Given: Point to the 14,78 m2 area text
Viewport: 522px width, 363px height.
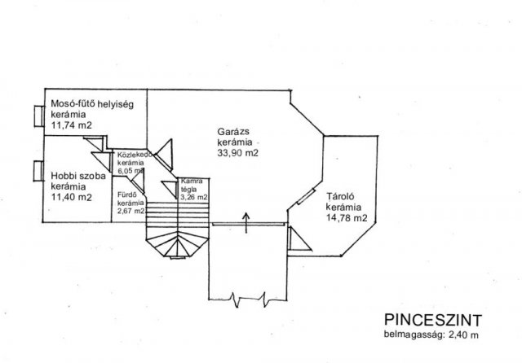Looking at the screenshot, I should (x=347, y=218).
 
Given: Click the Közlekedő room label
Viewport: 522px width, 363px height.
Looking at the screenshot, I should (x=131, y=155).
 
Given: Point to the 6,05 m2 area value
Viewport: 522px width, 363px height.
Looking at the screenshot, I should (x=130, y=172).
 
